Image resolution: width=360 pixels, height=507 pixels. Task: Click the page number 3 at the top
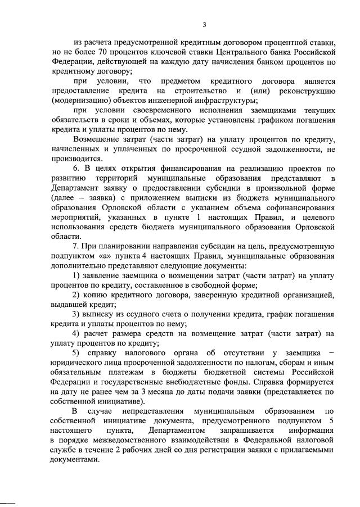pos(205,24)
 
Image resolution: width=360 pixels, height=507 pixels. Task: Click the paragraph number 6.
pos(76,168)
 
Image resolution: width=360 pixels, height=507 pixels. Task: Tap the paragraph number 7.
pos(76,246)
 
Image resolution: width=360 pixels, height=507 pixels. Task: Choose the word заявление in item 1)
pos(108,275)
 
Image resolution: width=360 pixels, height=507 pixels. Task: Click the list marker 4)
pos(77,333)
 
